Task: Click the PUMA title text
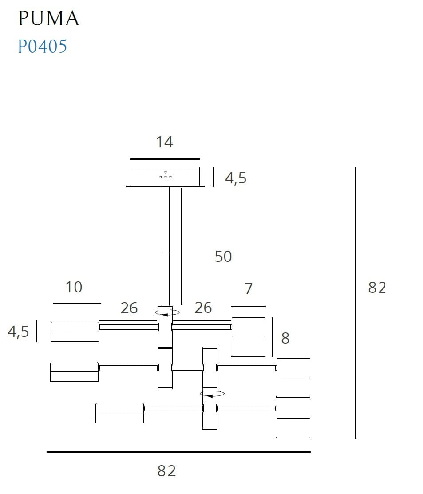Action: [x=48, y=18]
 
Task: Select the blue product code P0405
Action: [x=42, y=46]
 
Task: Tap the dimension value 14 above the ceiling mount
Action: [x=164, y=142]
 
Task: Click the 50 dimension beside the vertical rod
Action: [x=223, y=257]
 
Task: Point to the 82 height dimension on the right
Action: [x=377, y=288]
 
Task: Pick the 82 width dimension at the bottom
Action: [x=166, y=471]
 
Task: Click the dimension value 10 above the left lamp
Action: [x=74, y=287]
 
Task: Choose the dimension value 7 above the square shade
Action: [x=249, y=289]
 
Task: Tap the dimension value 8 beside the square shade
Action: [x=285, y=338]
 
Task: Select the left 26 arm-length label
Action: [x=129, y=308]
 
